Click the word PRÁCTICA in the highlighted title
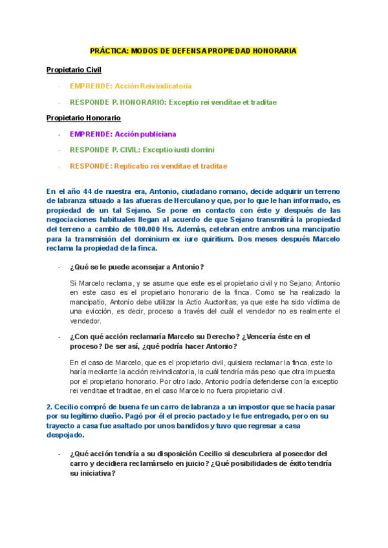click(109, 50)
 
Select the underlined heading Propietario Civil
click(74, 70)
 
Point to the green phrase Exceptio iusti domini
click(178, 150)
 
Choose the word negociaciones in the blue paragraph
click(74, 220)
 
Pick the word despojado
click(63, 436)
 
